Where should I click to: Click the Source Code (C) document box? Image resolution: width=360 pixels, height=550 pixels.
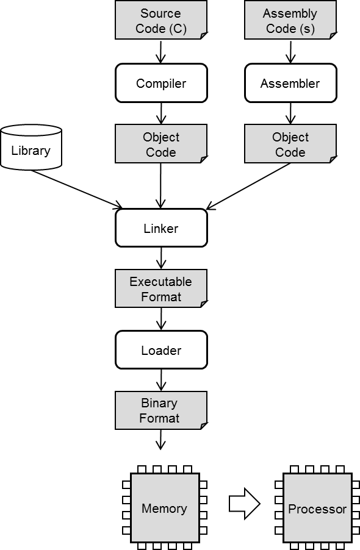pyautogui.click(x=161, y=20)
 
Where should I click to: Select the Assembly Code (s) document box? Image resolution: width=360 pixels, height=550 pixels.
pyautogui.click(x=290, y=20)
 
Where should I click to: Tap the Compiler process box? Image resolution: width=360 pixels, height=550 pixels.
pyautogui.click(x=161, y=83)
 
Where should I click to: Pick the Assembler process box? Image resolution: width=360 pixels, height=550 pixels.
pyautogui.click(x=290, y=83)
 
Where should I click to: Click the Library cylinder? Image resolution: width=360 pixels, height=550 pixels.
pyautogui.click(x=31, y=147)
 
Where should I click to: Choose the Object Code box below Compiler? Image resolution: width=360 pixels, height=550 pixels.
pyautogui.click(x=161, y=144)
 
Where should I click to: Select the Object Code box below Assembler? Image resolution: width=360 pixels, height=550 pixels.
pyautogui.click(x=290, y=144)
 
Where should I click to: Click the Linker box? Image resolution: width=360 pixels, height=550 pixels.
pyautogui.click(x=161, y=228)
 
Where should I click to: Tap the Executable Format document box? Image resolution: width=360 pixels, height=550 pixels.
pyautogui.click(x=161, y=288)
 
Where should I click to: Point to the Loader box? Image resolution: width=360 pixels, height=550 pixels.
pyautogui.click(x=161, y=350)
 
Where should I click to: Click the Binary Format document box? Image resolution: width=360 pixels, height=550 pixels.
pyautogui.click(x=161, y=410)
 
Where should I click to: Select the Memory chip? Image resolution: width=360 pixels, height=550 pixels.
pyautogui.click(x=165, y=507)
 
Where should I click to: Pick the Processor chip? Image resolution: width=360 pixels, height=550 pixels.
pyautogui.click(x=317, y=507)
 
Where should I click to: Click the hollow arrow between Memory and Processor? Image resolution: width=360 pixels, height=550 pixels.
pyautogui.click(x=245, y=504)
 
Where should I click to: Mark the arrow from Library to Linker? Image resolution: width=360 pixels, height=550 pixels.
pyautogui.click(x=77, y=190)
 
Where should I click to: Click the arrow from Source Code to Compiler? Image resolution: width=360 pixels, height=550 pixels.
pyautogui.click(x=160, y=52)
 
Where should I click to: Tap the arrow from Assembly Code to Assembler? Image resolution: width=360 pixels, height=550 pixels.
pyautogui.click(x=290, y=52)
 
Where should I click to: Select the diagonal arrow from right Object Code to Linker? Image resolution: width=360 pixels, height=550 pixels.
pyautogui.click(x=248, y=187)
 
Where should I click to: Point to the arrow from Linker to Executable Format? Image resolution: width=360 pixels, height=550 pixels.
pyautogui.click(x=161, y=258)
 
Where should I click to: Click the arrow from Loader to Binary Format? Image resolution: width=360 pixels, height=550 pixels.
pyautogui.click(x=161, y=380)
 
